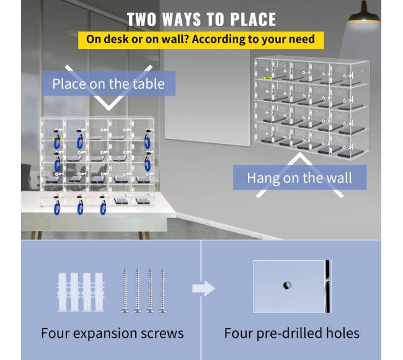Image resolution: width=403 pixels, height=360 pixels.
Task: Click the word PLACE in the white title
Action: [252, 19]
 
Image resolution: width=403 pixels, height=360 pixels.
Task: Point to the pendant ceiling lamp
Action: [364, 14]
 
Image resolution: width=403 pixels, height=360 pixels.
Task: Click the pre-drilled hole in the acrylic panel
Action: [287, 285]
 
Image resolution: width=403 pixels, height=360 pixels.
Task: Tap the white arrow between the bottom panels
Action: [203, 288]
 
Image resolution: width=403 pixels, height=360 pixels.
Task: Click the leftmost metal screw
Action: [125, 290]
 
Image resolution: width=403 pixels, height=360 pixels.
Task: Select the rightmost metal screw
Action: [162, 290]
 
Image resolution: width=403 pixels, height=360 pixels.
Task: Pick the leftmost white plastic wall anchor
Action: [63, 292]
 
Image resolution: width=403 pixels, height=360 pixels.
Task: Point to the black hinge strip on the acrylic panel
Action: [327, 286]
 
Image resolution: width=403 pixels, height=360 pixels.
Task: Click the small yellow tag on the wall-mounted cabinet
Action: [267, 77]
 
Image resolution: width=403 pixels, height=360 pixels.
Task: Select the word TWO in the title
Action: [141, 19]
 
